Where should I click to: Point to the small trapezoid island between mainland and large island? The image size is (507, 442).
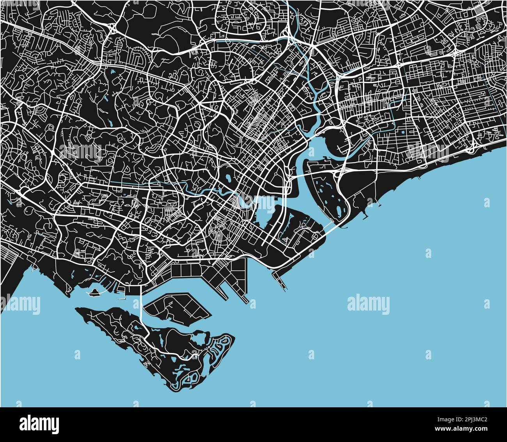[177, 307]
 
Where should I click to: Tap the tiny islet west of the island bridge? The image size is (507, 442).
[94, 293]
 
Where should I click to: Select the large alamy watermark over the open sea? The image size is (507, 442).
[368, 304]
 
